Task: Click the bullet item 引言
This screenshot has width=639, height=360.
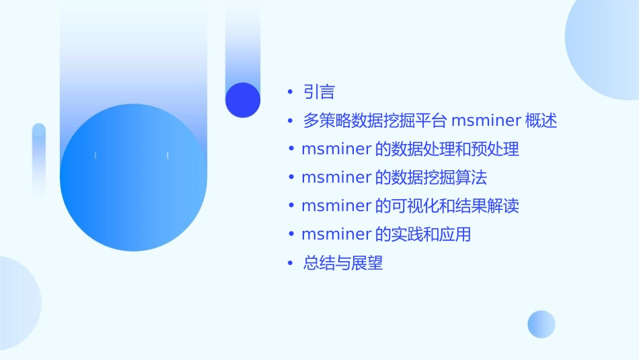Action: tap(319, 92)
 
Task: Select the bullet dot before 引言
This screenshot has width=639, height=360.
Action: tap(290, 92)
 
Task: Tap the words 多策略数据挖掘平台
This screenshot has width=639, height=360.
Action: tap(375, 121)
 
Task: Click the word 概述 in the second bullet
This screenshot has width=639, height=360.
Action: tap(541, 121)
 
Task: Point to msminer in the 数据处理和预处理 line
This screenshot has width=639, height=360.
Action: tap(336, 149)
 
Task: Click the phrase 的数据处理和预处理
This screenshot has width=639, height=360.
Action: tap(447, 149)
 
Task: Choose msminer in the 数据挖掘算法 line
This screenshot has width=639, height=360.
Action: tap(336, 178)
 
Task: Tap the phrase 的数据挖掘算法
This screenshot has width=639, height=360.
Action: tap(430, 178)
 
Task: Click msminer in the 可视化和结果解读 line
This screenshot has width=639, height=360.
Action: tap(336, 206)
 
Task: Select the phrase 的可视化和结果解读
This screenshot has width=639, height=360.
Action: tap(447, 206)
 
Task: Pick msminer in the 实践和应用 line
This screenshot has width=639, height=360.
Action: tap(336, 235)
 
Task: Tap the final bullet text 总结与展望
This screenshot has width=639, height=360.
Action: tap(343, 263)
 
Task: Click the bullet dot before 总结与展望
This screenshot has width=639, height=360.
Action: tap(290, 263)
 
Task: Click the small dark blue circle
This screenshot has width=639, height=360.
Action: tap(243, 100)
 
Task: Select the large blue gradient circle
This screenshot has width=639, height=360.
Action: tap(133, 178)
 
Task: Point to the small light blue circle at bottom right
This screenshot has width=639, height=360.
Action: tap(541, 324)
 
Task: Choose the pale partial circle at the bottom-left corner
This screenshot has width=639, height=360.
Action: tap(17, 303)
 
